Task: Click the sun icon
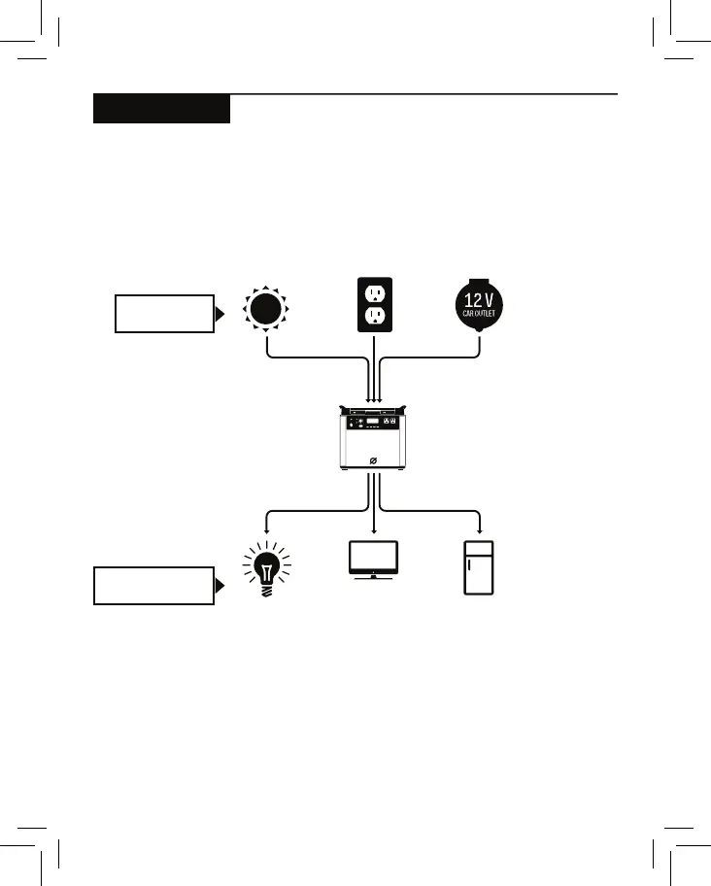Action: click(x=267, y=310)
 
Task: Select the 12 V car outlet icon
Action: click(x=479, y=308)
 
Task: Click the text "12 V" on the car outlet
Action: click(x=479, y=297)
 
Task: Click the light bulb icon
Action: click(x=266, y=567)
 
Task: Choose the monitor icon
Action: click(x=373, y=559)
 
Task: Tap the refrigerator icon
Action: click(x=479, y=566)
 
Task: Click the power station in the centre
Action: click(x=374, y=439)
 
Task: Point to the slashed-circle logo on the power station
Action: click(x=374, y=461)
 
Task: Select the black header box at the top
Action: click(x=161, y=109)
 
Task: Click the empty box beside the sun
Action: click(x=163, y=313)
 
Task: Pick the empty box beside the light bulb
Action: click(x=153, y=585)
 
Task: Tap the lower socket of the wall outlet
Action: click(x=374, y=318)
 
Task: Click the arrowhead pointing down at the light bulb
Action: click(x=266, y=530)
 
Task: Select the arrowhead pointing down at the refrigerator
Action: click(x=480, y=530)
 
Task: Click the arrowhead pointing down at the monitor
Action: click(x=373, y=530)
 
